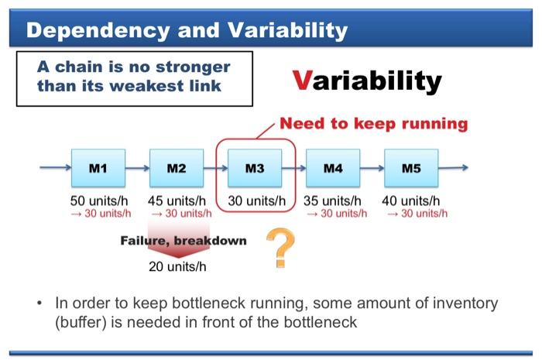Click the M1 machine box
click(x=98, y=167)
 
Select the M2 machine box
click(x=176, y=167)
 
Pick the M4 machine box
click(x=333, y=167)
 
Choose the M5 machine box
click(x=411, y=167)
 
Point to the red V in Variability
click(x=303, y=80)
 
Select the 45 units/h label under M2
click(x=178, y=201)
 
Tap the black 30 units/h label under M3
click(x=256, y=201)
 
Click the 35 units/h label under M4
click(x=334, y=201)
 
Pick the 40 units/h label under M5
click(x=411, y=201)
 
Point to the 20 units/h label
click(x=177, y=268)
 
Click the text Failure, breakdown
click(x=184, y=241)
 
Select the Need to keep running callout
click(x=373, y=123)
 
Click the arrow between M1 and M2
click(x=136, y=167)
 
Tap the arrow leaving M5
click(x=454, y=167)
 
